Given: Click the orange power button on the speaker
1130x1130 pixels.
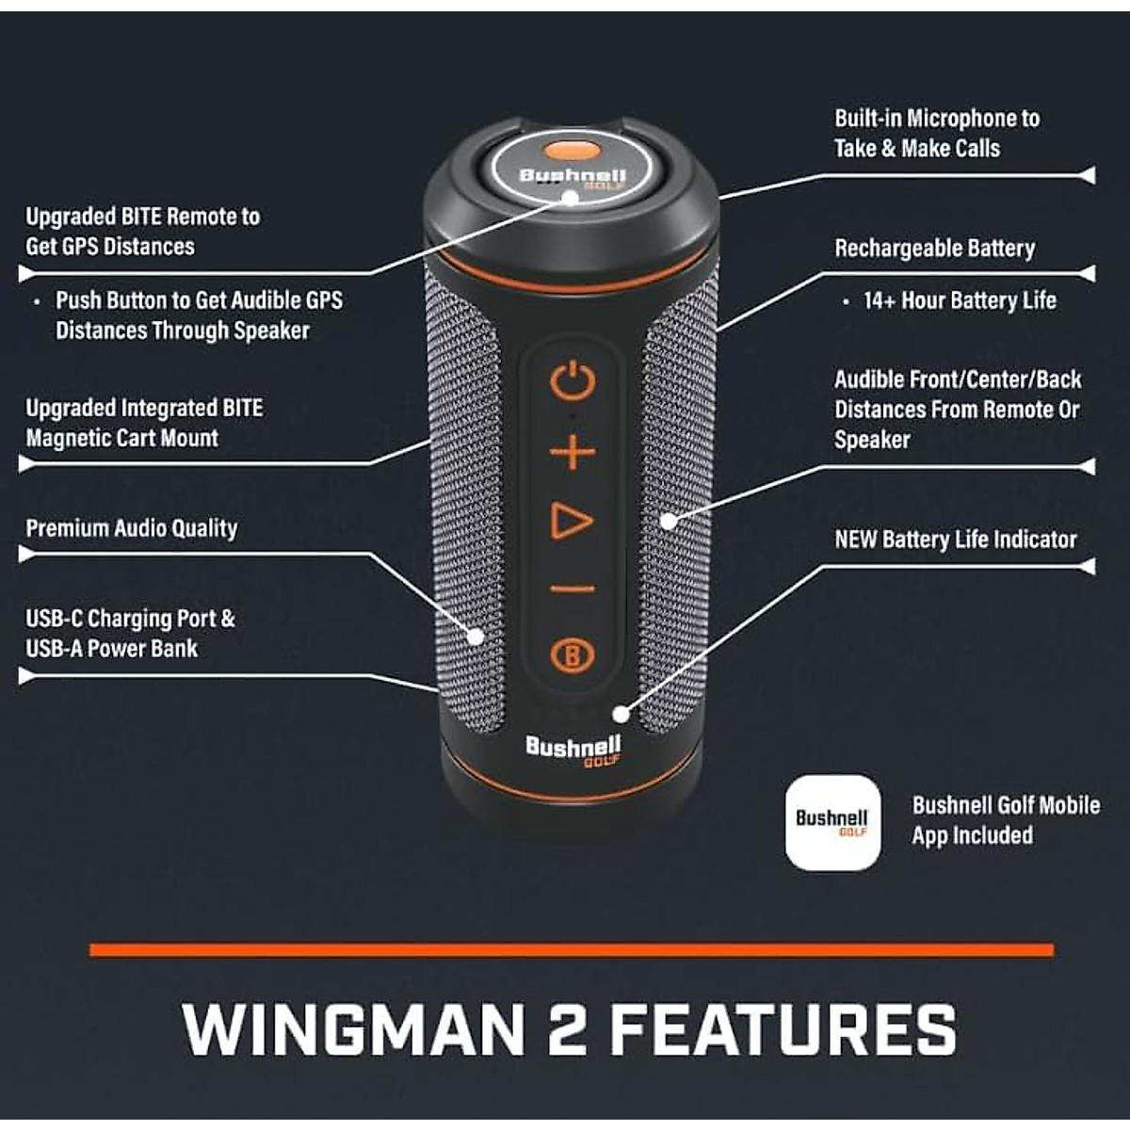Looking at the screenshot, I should coord(573,381).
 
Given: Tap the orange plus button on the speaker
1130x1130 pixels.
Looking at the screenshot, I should coord(573,453).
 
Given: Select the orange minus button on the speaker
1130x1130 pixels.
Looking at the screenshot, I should coord(573,589).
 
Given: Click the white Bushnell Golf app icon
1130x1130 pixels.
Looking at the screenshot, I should coord(832,822).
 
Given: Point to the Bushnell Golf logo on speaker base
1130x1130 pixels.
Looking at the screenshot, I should coord(573,751).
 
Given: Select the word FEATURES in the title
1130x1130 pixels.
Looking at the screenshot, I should coord(783,1029).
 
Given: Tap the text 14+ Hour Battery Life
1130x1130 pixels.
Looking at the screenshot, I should coord(959,301).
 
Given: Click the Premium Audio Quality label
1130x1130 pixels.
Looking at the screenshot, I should coord(132,528).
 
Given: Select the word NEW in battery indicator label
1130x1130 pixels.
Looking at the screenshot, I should coord(855,540).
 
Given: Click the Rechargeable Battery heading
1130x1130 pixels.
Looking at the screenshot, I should coord(934,249).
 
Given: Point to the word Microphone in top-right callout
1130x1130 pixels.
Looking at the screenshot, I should coord(959,119).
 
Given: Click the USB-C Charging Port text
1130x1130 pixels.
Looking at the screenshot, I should coord(130,619).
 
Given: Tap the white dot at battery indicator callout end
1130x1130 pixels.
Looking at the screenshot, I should coord(620,713).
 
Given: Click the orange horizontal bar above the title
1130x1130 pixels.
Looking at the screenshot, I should coord(572,950).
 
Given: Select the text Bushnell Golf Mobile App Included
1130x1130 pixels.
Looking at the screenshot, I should coord(1005,820).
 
